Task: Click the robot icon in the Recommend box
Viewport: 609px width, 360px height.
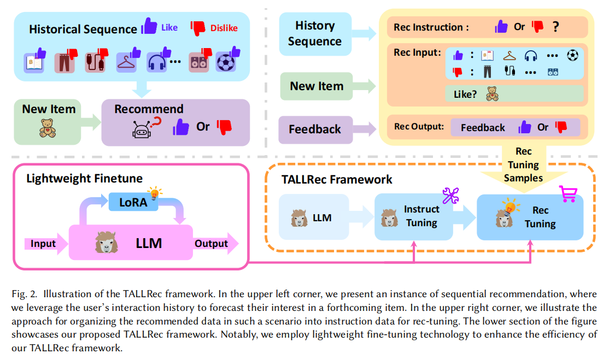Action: pyautogui.click(x=141, y=129)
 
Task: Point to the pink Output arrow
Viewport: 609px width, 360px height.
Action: pyautogui.click(x=214, y=244)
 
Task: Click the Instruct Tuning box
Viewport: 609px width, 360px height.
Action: pyautogui.click(x=413, y=216)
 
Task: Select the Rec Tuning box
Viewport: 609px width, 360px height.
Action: pyautogui.click(x=530, y=217)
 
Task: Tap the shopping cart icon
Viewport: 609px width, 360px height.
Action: pyautogui.click(x=568, y=193)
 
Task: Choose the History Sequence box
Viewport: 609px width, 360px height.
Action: pyautogui.click(x=315, y=33)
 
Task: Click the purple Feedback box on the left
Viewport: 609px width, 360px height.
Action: pyautogui.click(x=315, y=129)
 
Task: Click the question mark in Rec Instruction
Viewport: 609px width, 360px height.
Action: pyautogui.click(x=555, y=27)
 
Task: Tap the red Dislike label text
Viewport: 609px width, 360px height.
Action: pyautogui.click(x=224, y=27)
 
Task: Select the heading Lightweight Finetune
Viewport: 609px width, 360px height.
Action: pyautogui.click(x=84, y=179)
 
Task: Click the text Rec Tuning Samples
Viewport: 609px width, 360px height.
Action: pyautogui.click(x=523, y=164)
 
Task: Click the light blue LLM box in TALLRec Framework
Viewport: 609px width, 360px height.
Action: pyautogui.click(x=314, y=217)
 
